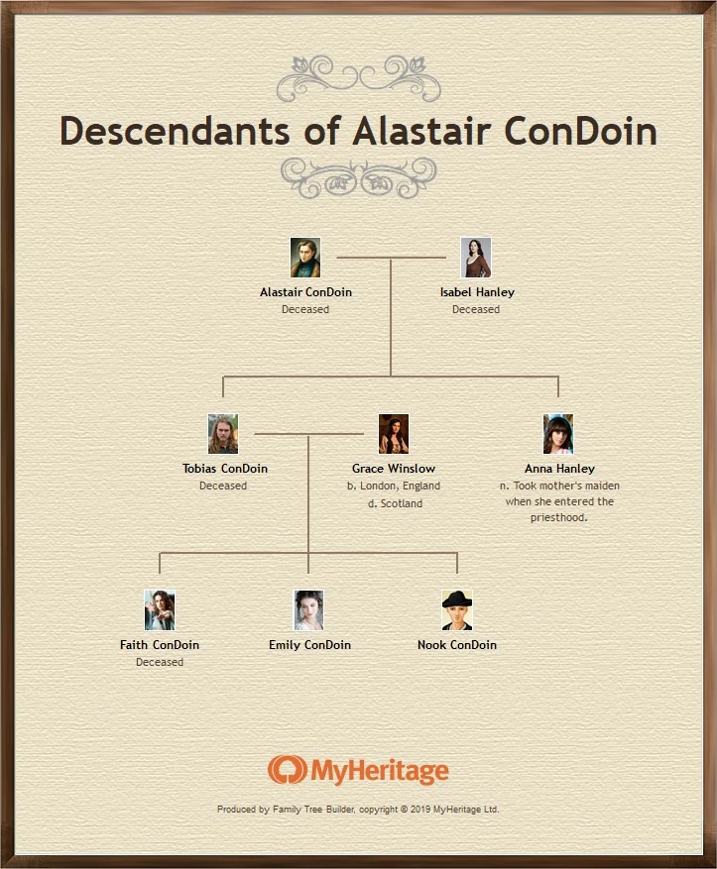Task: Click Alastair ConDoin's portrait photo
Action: click(x=305, y=258)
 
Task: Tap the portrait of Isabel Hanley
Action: click(x=476, y=258)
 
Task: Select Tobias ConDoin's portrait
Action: click(x=223, y=434)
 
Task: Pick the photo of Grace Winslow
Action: click(x=394, y=434)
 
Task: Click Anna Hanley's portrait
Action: click(x=558, y=434)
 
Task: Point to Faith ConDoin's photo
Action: click(x=160, y=610)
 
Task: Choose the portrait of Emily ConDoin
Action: click(x=308, y=610)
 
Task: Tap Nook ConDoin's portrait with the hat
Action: click(x=457, y=610)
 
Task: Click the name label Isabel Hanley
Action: click(x=477, y=292)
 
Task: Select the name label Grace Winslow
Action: click(x=394, y=469)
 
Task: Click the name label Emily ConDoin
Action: click(x=309, y=645)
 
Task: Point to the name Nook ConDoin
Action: click(x=457, y=645)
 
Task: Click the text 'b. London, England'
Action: click(x=394, y=487)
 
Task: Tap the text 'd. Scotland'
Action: click(x=394, y=503)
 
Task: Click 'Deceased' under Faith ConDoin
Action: click(x=160, y=662)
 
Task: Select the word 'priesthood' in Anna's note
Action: click(x=560, y=517)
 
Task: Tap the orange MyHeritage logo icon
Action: click(x=287, y=770)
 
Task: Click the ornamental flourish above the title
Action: click(x=359, y=77)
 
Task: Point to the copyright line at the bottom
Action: click(x=358, y=810)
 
